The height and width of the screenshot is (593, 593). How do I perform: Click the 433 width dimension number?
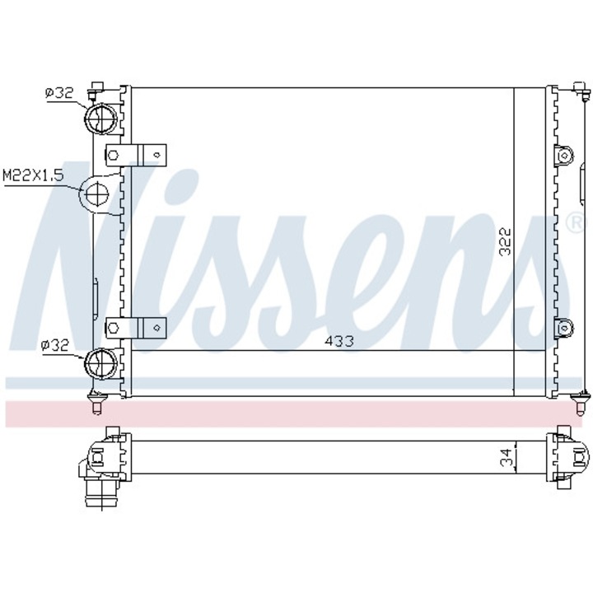pos(339,341)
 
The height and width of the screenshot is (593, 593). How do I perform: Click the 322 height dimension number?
pos(505,240)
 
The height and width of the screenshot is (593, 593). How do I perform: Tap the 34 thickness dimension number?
pos(509,457)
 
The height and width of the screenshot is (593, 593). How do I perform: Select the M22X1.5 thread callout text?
pos(33,175)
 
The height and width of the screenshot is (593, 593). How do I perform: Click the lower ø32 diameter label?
pos(56,345)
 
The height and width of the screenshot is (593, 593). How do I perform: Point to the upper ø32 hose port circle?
pos(100,118)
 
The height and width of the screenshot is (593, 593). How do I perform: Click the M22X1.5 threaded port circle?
pos(97,194)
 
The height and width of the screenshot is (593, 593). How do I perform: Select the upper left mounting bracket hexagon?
pos(113,155)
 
